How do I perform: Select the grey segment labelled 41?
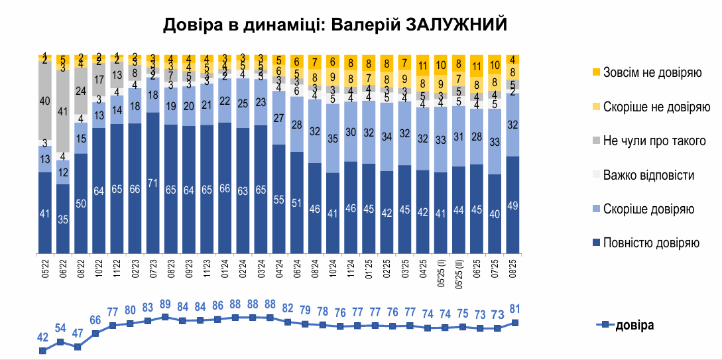click(x=63, y=112)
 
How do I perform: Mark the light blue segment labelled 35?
click(x=333, y=139)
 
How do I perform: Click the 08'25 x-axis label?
click(x=512, y=269)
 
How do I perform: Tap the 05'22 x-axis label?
click(x=45, y=269)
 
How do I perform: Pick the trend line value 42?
click(x=43, y=337)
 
